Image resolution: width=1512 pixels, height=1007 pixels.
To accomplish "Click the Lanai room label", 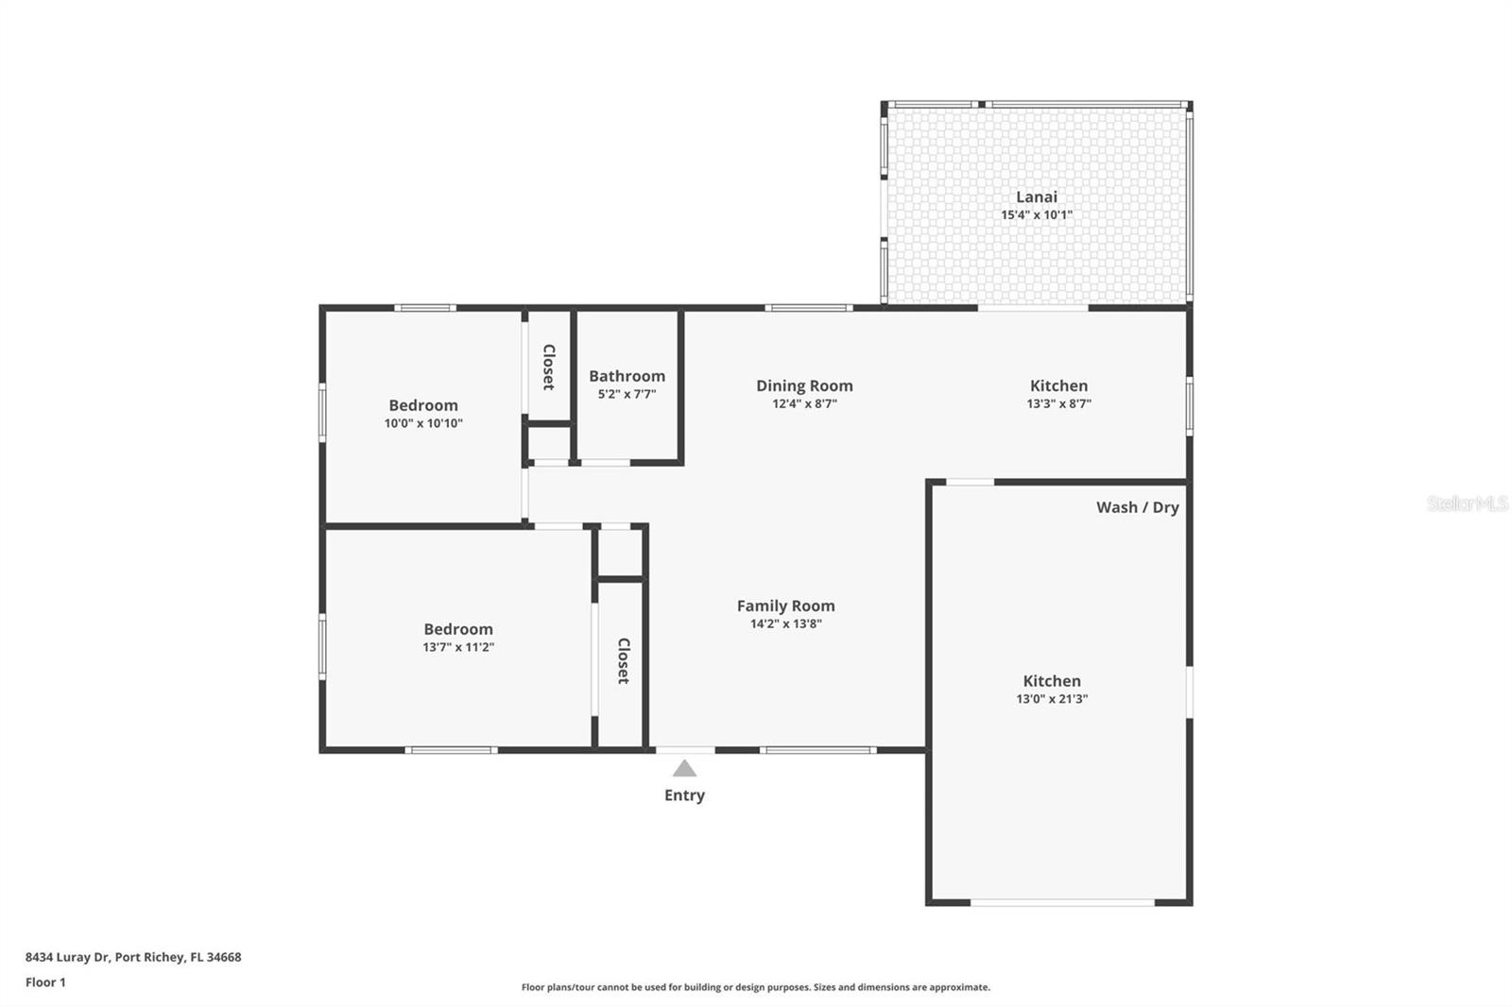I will tap(1036, 196).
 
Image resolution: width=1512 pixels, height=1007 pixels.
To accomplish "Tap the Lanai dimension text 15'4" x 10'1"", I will tap(1036, 215).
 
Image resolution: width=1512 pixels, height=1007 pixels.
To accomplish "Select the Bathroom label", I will tap(627, 376).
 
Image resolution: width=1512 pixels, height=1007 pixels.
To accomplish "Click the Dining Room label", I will tap(804, 385).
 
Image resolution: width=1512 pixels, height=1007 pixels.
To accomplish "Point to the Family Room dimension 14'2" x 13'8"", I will tap(785, 624).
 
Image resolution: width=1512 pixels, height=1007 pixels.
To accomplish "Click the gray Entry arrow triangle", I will tap(684, 769).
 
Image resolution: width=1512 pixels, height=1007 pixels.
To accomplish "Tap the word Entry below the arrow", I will tap(684, 795).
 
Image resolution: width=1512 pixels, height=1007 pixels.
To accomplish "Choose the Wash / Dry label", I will tap(1137, 507).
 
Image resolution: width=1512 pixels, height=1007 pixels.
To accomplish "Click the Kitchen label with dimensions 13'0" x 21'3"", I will tap(1051, 681).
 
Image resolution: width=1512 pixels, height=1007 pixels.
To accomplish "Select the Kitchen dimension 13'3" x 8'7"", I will tap(1058, 404).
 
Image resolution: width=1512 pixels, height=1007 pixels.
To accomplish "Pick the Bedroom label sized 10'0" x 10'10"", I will tap(423, 405).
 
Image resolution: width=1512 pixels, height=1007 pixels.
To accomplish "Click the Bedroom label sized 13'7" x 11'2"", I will tap(458, 629).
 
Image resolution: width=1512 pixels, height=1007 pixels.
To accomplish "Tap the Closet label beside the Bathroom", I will tap(548, 367).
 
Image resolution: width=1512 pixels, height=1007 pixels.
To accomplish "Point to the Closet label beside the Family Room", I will tap(623, 660).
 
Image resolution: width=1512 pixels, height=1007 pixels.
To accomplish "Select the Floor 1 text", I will tap(45, 982).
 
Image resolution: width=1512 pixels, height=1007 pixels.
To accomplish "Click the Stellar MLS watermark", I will tap(1467, 504).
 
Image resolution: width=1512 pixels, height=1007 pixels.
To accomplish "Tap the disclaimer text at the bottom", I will tap(755, 987).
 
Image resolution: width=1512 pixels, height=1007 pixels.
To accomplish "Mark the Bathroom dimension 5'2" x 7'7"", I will tap(627, 395).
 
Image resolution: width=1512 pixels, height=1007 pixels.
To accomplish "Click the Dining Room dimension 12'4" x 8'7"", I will tap(804, 404).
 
